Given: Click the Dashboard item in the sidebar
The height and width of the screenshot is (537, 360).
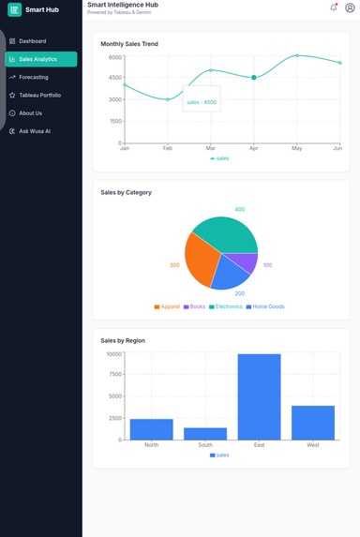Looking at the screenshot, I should pos(32,41).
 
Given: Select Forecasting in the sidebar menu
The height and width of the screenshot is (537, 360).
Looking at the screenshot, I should pos(33,77).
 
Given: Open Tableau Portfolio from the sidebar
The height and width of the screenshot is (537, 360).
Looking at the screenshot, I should pos(39,95).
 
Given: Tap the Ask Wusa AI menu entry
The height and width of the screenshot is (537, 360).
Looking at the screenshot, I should pos(34,131).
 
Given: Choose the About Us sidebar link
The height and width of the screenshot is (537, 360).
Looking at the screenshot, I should pos(30,113).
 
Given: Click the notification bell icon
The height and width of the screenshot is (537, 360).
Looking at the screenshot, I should pos(334,7).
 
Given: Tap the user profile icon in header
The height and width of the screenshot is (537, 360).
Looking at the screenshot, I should pos(350,7).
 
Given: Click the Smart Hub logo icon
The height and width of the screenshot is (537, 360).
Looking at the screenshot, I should pos(15,10).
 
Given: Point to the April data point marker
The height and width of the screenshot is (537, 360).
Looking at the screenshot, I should pos(254,78).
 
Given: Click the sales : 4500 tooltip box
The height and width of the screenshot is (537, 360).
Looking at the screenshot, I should pos(202,102).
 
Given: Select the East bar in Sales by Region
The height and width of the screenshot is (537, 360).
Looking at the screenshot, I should pos(259,396).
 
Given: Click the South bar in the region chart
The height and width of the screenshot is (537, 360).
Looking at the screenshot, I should pos(205,433).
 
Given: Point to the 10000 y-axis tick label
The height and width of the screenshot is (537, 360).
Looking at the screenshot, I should pos(112,354).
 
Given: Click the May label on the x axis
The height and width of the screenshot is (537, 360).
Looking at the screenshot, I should pos(297,148).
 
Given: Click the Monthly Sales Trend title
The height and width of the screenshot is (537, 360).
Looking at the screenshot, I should pos(129,44).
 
